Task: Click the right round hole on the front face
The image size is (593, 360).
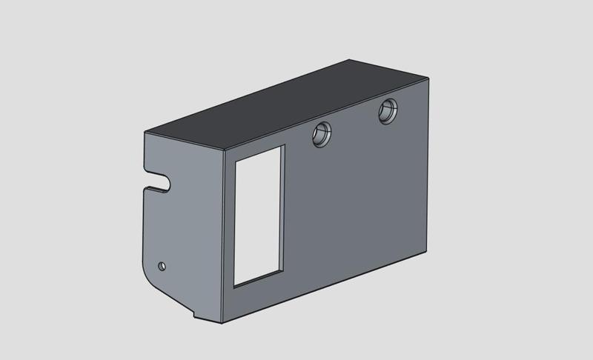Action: coord(388,112)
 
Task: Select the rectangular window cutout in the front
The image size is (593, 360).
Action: coord(259,216)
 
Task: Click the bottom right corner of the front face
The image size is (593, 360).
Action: coord(428,250)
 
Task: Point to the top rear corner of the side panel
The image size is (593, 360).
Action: coord(146,132)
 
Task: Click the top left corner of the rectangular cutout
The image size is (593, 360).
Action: coord(235,161)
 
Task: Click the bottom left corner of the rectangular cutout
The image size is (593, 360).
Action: coord(234,285)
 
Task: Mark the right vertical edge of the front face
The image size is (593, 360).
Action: coord(428,163)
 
